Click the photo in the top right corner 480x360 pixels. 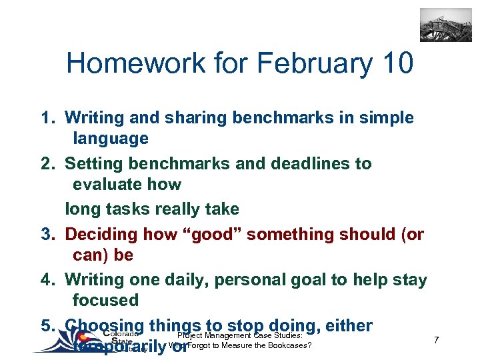pyautogui.click(x=445, y=25)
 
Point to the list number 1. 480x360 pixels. pyautogui.click(x=46, y=118)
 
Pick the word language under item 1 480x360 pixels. pyautogui.click(x=111, y=139)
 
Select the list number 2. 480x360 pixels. pyautogui.click(x=46, y=163)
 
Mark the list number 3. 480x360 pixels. pyautogui.click(x=46, y=234)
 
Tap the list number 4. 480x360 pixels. pyautogui.click(x=46, y=279)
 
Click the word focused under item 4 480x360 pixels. pyautogui.click(x=105, y=300)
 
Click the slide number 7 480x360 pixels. pyautogui.click(x=435, y=341)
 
